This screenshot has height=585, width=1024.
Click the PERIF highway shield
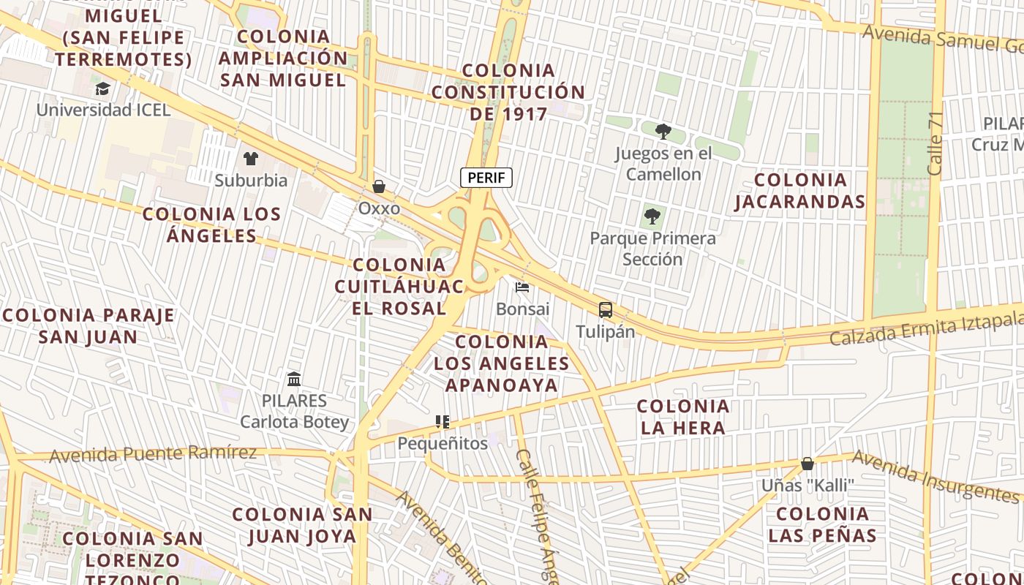tap(486, 178)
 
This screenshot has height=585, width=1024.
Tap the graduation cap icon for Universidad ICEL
tap(102, 89)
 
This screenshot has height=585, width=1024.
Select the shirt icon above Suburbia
tap(251, 159)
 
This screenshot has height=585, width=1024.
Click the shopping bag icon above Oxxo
tap(379, 187)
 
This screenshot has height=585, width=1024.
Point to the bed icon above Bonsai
tap(522, 287)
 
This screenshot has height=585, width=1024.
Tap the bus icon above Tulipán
tap(606, 310)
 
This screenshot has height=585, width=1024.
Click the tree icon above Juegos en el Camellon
tap(663, 132)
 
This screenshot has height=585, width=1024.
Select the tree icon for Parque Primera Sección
tap(652, 216)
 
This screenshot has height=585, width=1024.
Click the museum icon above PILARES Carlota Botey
tap(294, 379)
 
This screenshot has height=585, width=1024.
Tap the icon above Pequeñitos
tap(443, 422)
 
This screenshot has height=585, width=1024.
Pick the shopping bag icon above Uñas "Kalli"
tap(807, 464)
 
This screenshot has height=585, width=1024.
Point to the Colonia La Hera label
tap(683, 417)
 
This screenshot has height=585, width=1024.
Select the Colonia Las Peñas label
tap(822, 524)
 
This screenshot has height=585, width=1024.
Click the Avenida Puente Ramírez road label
tap(153, 454)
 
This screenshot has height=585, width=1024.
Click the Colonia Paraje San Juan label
tap(89, 326)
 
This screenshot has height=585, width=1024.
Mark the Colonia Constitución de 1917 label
tap(508, 92)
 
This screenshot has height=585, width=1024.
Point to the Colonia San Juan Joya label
tap(303, 525)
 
